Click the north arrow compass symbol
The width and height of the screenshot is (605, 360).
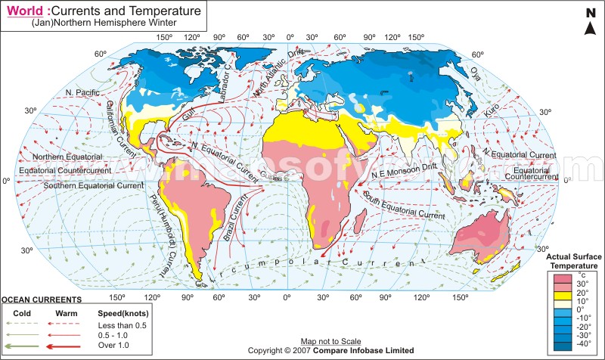[590, 22]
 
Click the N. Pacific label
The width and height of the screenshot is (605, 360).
[82, 93]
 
